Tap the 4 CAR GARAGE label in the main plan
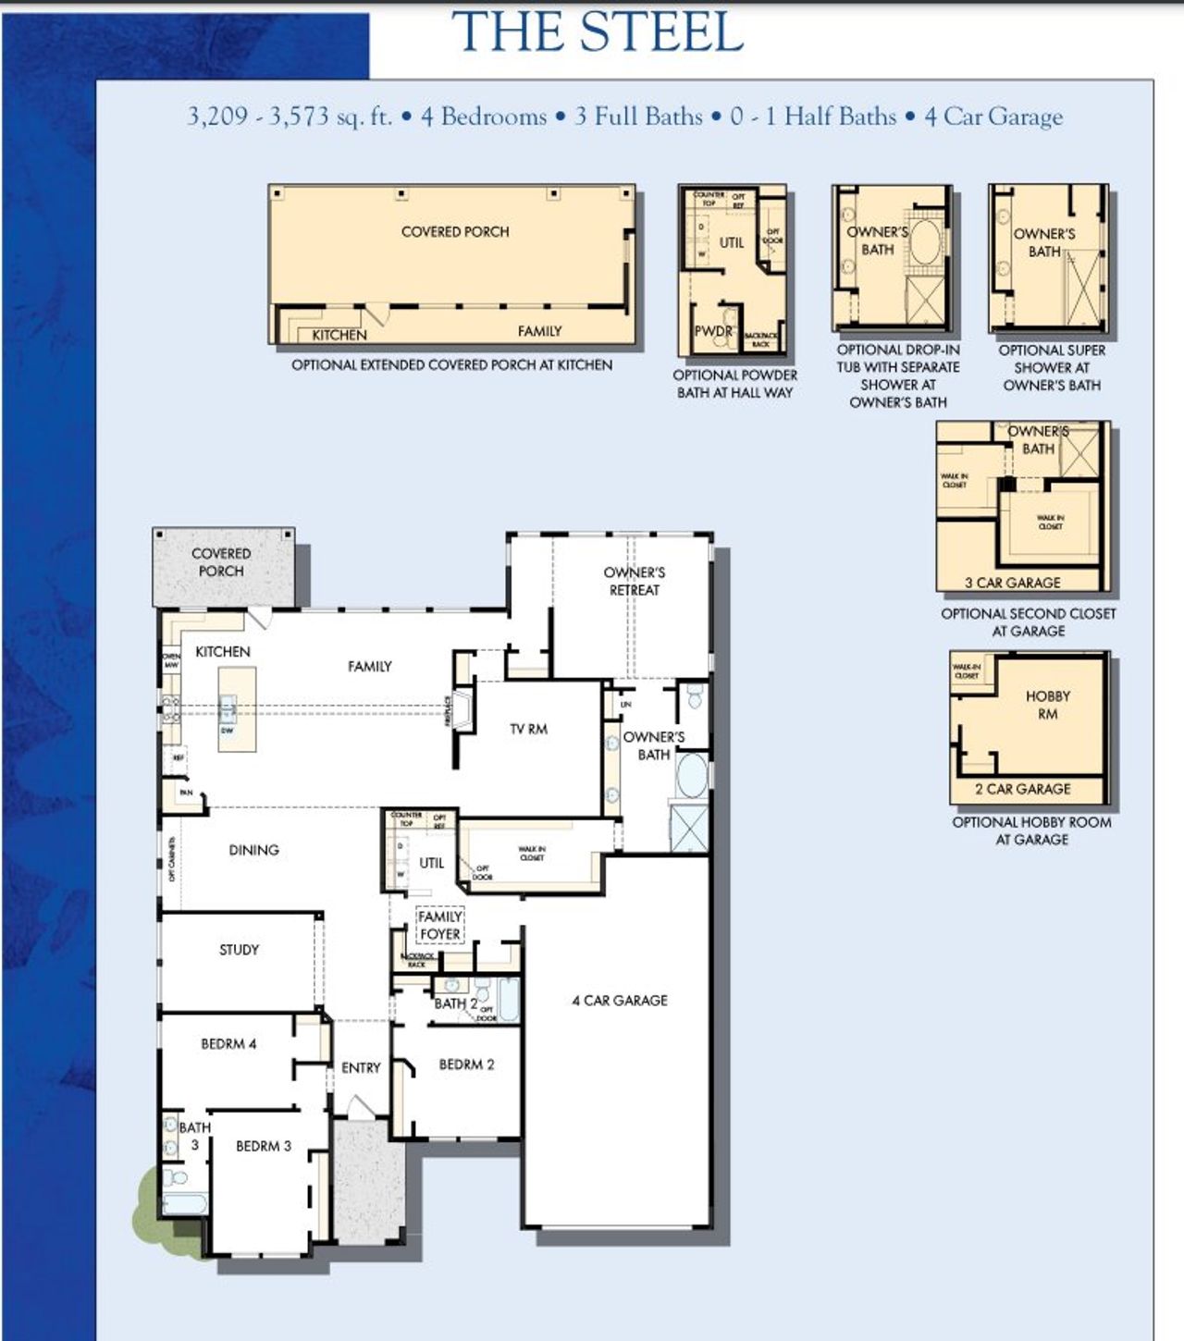[x=619, y=1000]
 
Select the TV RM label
[x=528, y=729]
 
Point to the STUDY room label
[x=239, y=949]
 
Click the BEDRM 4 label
[x=228, y=1043]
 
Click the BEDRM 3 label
[x=263, y=1146]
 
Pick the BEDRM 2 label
[x=466, y=1064]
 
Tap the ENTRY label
[x=361, y=1067]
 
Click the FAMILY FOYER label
[x=439, y=925]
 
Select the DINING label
[x=253, y=849]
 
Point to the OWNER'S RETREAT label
[x=634, y=581]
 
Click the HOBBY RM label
[x=1047, y=705]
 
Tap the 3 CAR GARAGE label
[x=1012, y=583]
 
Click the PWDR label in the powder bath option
[x=713, y=330]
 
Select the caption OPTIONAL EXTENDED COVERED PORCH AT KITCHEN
[x=451, y=365]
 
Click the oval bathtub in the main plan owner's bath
[x=691, y=775]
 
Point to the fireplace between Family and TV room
[x=462, y=710]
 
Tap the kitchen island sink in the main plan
[x=228, y=710]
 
